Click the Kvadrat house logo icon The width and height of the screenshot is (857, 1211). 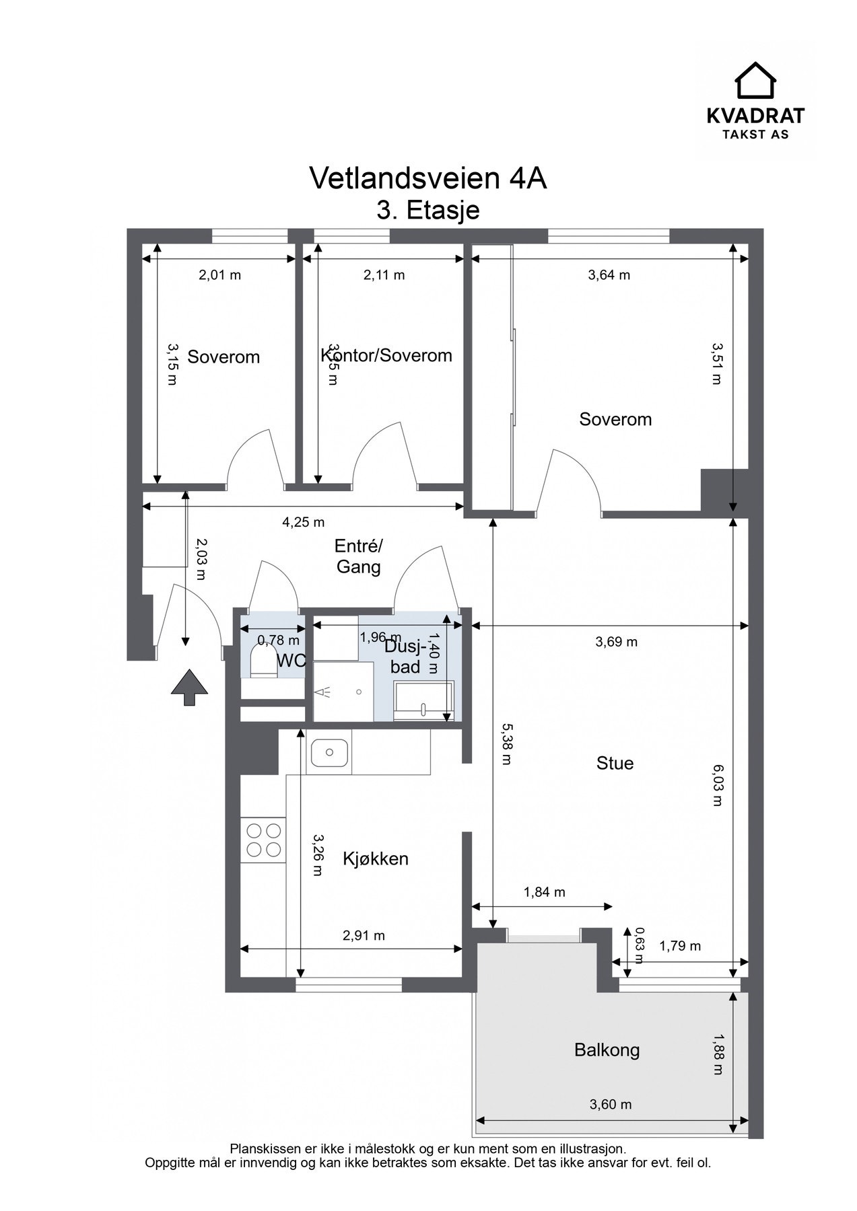[x=755, y=81]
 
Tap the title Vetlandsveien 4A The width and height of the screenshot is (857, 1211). [x=427, y=178]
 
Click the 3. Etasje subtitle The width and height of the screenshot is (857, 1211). [x=427, y=210]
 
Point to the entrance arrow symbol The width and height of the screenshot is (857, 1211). [x=189, y=687]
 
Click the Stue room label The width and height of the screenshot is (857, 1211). [x=615, y=763]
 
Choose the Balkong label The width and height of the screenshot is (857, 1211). [x=607, y=1050]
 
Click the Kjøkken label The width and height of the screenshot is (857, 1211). [x=376, y=858]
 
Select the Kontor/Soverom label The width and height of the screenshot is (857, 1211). [x=386, y=355]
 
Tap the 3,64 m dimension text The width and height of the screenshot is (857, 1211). [x=609, y=274]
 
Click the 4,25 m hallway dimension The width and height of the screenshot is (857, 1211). [x=303, y=521]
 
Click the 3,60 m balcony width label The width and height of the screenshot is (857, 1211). [x=611, y=1104]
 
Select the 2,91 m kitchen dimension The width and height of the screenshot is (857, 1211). [x=364, y=935]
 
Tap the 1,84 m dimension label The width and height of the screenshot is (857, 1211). [x=544, y=892]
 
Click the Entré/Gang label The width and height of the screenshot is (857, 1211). [x=358, y=556]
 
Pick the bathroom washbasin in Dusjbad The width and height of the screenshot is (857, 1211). [x=423, y=702]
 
